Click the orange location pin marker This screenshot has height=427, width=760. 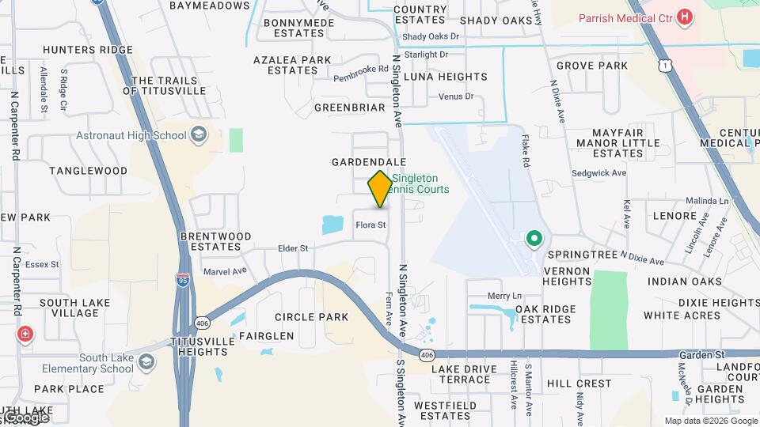point(380,189)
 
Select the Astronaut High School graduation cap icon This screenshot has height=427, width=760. point(199,135)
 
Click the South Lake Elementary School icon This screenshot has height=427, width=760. point(146,363)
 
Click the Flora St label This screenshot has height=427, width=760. point(370,225)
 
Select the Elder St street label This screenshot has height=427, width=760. point(293,248)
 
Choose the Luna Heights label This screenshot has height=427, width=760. point(446,77)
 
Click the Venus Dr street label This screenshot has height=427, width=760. point(456,96)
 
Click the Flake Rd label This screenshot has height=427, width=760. point(526,151)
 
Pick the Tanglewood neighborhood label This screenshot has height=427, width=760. point(88,171)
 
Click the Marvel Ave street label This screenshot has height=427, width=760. point(226,270)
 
